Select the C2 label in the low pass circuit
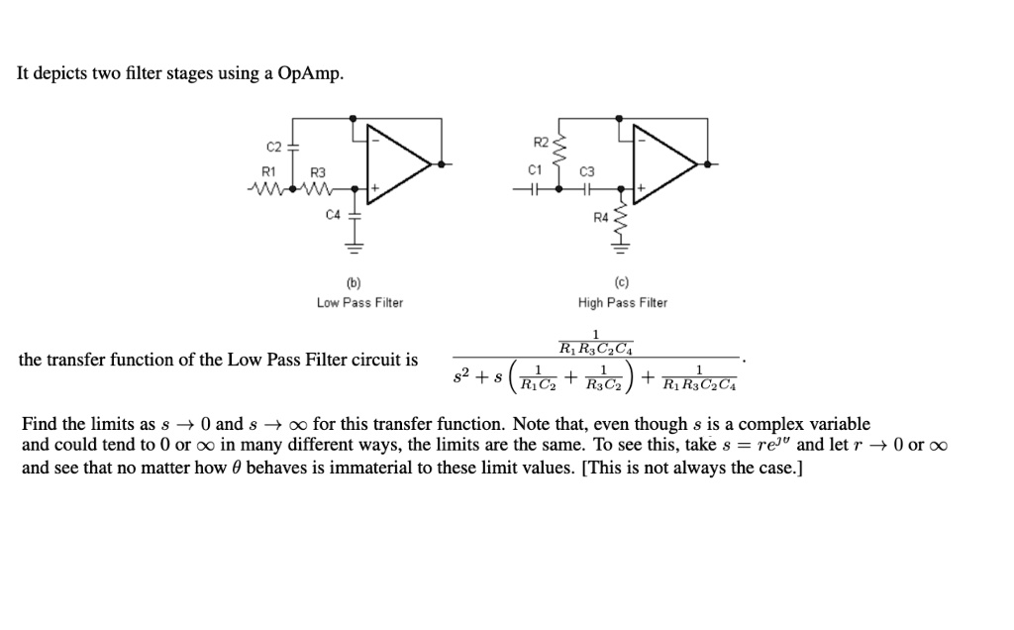point(274,147)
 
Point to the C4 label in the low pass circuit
point(332,214)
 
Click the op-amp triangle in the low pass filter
point(396,160)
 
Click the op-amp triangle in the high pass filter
point(663,160)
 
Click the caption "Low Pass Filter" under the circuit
point(359,302)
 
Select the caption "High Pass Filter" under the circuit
point(623,302)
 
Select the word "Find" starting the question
point(39,424)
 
